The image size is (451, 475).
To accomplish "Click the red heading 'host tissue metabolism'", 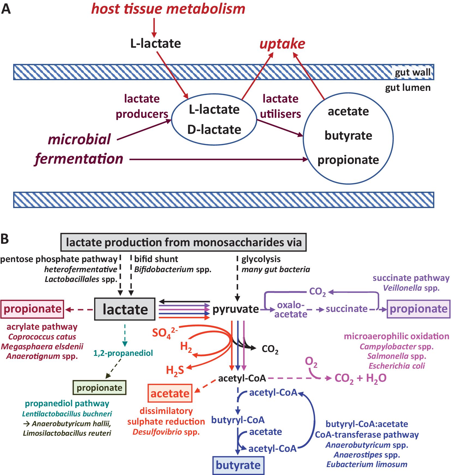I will (168, 9).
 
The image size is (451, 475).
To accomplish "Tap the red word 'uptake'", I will (282, 44).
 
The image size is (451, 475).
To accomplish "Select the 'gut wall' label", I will (413, 72).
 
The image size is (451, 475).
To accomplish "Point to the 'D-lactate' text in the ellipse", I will (214, 130).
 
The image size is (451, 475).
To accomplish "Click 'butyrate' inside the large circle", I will (348, 136).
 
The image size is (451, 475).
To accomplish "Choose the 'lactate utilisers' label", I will (280, 106).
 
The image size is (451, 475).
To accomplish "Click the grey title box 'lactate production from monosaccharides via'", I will (184, 242).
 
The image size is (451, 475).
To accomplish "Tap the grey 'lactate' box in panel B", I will (125, 309).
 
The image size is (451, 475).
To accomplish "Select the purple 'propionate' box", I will (418, 309).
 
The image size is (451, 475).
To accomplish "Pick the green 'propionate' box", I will (100, 387).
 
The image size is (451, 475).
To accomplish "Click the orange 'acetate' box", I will (170, 393).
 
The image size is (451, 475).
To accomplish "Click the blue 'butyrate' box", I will (238, 465).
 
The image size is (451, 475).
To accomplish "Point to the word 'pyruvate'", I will (236, 309).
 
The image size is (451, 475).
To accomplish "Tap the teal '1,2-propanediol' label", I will (123, 353).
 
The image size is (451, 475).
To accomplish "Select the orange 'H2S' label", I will (175, 371).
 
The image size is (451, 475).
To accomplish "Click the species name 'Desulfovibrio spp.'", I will (166, 432).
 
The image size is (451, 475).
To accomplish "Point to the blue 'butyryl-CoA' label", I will (238, 420).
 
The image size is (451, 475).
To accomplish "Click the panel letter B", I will (5, 239).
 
